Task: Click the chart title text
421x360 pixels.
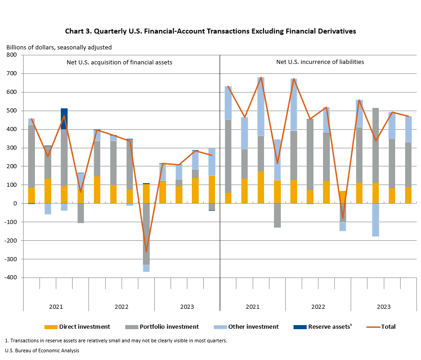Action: (210, 31)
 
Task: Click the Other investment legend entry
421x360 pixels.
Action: (253, 326)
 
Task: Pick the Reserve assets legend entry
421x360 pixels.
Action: (330, 326)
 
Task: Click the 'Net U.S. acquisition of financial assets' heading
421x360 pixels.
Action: (117, 62)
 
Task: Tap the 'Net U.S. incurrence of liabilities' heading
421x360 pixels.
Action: (320, 62)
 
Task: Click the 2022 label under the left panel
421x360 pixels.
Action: (122, 307)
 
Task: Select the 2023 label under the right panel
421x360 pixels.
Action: (384, 307)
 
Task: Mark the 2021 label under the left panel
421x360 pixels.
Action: (56, 307)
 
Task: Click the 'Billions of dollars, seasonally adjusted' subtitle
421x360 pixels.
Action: (59, 47)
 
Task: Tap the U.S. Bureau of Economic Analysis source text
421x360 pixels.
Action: (42, 350)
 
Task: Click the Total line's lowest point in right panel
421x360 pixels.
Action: (343, 219)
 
